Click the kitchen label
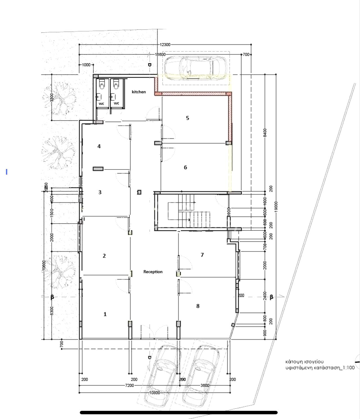click(139, 92)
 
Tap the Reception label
click(153, 272)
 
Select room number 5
click(188, 118)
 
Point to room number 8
click(198, 306)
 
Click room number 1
click(105, 314)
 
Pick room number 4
click(99, 146)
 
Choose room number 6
click(185, 167)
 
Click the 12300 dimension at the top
click(165, 45)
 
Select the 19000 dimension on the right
click(276, 208)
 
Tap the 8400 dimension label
click(265, 133)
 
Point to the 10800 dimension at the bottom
click(154, 393)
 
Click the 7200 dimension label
click(129, 386)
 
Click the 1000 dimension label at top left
click(86, 65)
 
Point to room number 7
click(202, 255)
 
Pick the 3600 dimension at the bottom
click(205, 386)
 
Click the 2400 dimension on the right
click(265, 296)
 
